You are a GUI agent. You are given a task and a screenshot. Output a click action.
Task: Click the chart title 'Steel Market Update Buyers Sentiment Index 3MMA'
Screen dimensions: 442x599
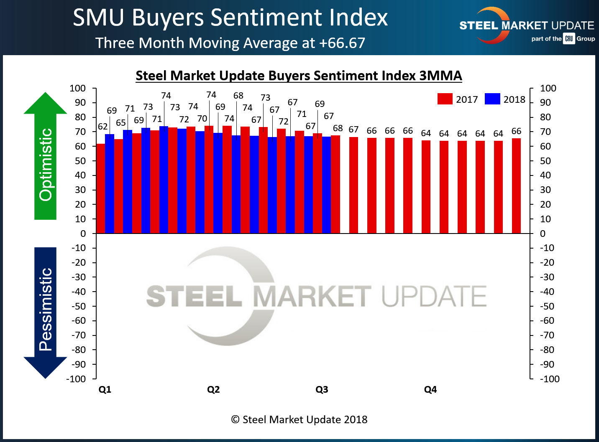[299, 76]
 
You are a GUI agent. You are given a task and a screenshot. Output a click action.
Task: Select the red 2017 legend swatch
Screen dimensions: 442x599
[445, 99]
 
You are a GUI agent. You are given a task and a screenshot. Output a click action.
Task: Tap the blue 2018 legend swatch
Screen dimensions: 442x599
[492, 99]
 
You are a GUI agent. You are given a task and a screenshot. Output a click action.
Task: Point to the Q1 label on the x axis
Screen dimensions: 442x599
[105, 389]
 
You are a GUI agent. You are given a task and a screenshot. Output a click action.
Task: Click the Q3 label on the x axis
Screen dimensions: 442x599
[322, 389]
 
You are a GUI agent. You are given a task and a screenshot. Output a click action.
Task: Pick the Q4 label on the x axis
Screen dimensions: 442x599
[430, 389]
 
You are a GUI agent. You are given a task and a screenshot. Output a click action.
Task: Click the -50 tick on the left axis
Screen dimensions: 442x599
[78, 306]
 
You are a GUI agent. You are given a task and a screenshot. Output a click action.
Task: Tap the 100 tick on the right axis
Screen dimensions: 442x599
[548, 88]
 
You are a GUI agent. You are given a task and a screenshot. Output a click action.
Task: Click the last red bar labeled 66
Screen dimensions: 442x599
[516, 185]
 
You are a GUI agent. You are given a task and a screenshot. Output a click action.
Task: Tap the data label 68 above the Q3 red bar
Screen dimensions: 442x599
[338, 128]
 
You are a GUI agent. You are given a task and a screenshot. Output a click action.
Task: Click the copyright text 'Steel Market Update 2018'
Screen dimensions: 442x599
[299, 419]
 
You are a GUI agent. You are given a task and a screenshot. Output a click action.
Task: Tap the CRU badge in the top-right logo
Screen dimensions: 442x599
[569, 38]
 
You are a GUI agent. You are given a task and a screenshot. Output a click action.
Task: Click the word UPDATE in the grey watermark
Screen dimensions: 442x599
[434, 296]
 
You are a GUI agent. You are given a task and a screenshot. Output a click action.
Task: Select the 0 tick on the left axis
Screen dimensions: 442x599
[83, 234]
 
